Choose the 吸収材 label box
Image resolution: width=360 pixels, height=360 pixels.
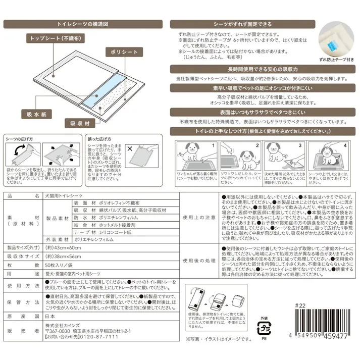(x=80, y=123)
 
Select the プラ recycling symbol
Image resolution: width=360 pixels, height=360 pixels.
(x=263, y=329)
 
